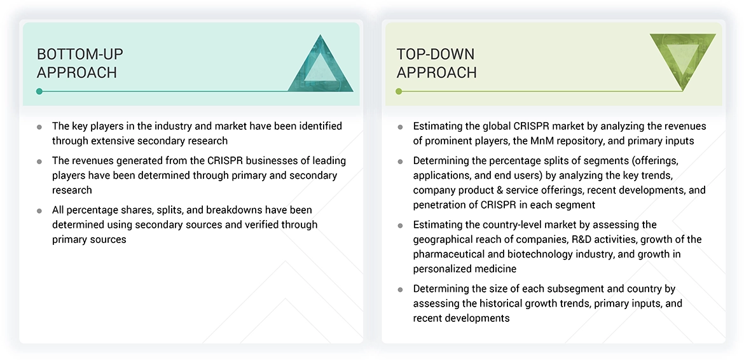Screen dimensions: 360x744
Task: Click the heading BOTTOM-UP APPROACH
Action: click(x=80, y=63)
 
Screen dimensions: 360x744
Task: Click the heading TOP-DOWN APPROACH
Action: click(x=436, y=63)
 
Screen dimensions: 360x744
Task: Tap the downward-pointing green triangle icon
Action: click(x=682, y=60)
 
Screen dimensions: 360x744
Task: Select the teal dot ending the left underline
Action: click(x=39, y=92)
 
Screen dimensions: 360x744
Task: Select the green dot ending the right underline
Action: click(x=399, y=92)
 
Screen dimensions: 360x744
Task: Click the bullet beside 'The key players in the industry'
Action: click(x=40, y=127)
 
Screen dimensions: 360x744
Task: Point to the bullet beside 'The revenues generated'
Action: click(x=40, y=162)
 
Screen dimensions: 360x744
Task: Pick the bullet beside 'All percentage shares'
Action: click(x=40, y=211)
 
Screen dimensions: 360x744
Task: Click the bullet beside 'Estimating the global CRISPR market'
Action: click(x=400, y=127)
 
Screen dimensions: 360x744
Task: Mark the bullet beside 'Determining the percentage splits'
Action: click(x=400, y=162)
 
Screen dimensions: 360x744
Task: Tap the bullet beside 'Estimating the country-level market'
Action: click(x=400, y=225)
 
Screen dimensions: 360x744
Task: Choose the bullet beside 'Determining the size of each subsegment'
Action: click(x=400, y=289)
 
